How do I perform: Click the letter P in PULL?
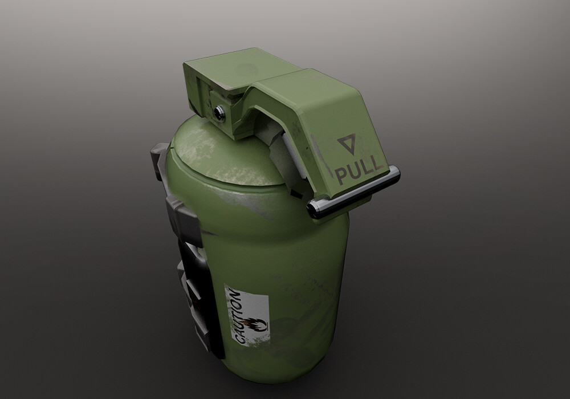click(340, 176)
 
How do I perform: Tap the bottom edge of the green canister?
click(274, 393)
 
